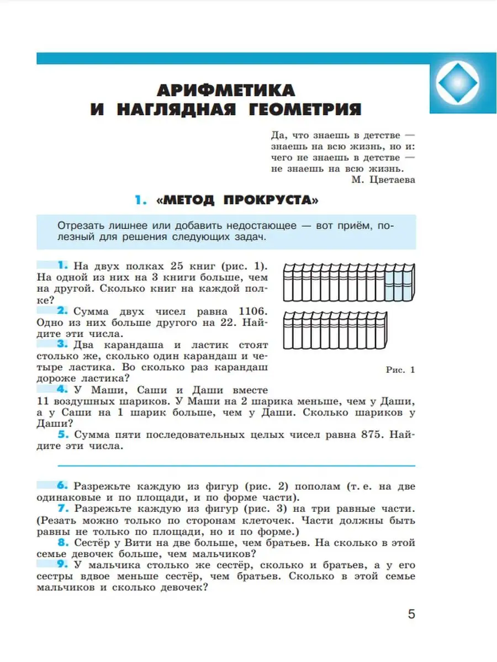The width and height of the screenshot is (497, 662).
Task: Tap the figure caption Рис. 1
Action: coord(400,370)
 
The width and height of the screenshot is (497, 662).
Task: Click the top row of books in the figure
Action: coord(348,281)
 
